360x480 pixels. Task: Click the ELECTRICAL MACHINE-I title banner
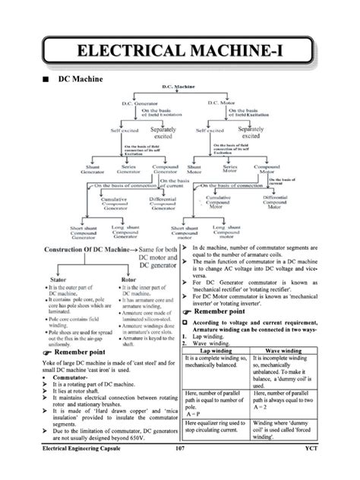(x=180, y=51)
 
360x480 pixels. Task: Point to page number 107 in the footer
(x=179, y=472)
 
